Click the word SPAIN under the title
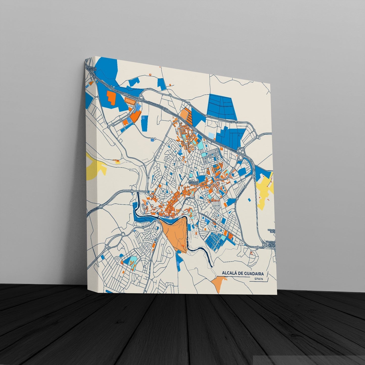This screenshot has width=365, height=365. pyautogui.click(x=259, y=279)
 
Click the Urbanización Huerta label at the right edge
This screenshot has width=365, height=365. pyautogui.click(x=272, y=242)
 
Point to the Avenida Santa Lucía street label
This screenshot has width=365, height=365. pyautogui.click(x=208, y=218)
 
